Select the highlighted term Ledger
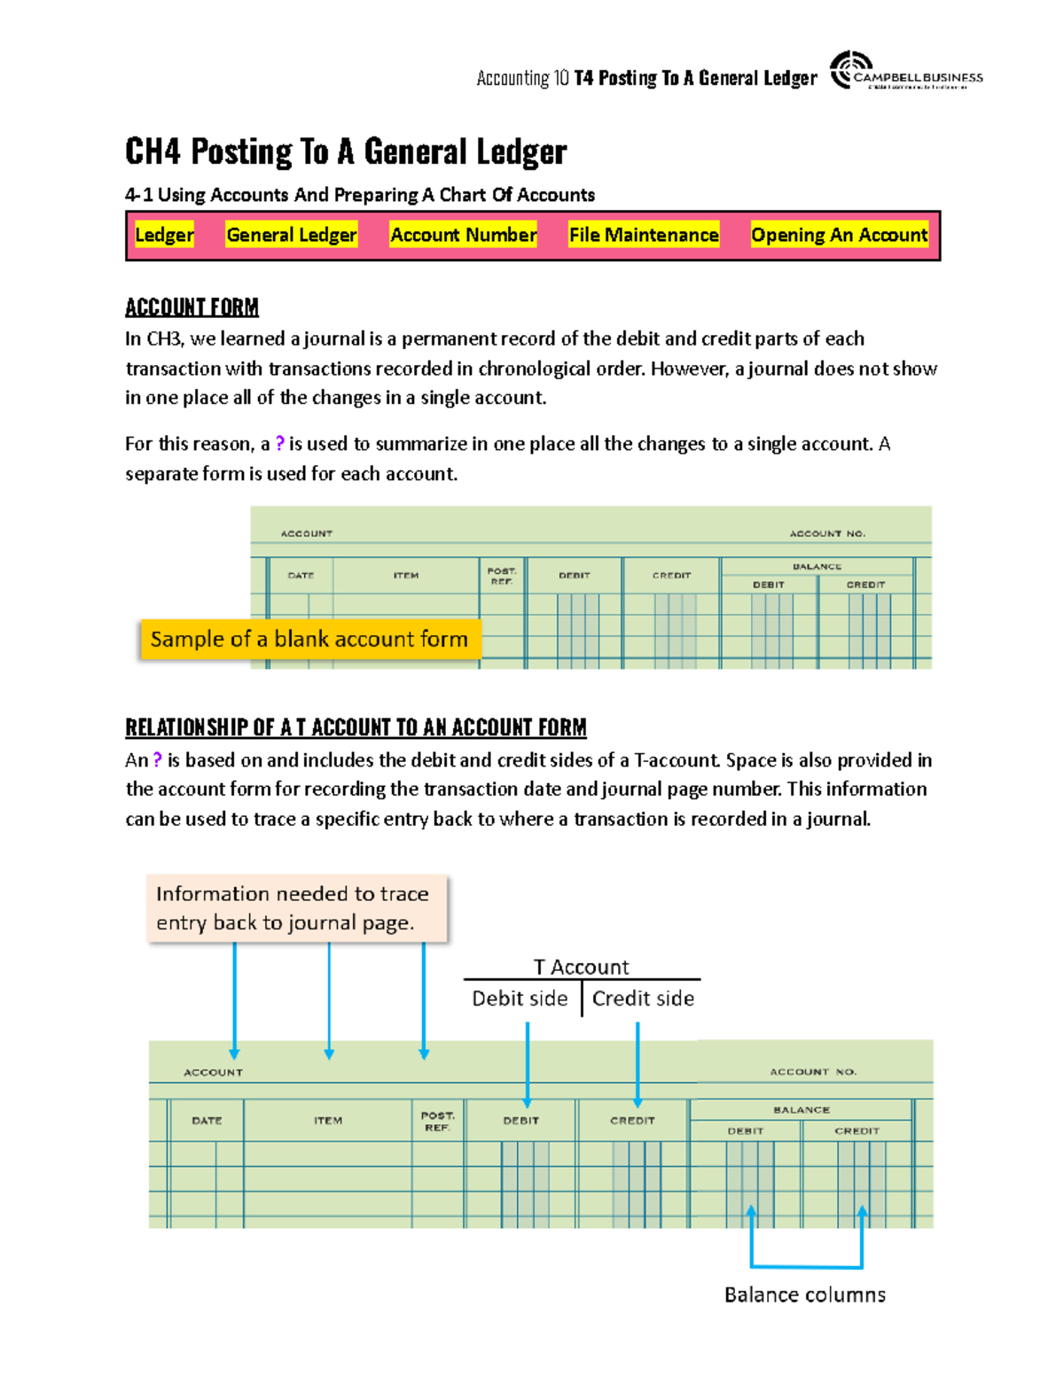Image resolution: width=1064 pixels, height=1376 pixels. (164, 235)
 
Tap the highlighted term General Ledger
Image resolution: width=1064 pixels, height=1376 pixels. (291, 235)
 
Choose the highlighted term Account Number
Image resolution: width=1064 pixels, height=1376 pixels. (463, 235)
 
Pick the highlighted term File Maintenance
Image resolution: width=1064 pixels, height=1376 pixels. (644, 235)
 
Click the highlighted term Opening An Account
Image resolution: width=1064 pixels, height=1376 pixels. (839, 235)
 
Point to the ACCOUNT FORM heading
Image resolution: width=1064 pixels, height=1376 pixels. (192, 307)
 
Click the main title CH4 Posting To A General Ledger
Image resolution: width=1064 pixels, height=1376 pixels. (346, 152)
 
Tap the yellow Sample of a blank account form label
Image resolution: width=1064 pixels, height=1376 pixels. (309, 639)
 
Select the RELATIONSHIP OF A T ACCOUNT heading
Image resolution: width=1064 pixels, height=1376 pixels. (356, 727)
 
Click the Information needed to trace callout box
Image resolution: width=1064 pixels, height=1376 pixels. (297, 908)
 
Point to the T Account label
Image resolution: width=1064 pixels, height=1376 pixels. (581, 967)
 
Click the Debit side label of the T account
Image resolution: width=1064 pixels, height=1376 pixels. (520, 999)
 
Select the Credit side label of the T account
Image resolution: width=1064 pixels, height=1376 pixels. (643, 999)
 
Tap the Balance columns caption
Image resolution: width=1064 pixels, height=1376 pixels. (804, 1294)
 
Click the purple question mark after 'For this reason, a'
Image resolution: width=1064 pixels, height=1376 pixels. (280, 444)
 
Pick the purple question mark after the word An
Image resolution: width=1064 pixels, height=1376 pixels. (158, 760)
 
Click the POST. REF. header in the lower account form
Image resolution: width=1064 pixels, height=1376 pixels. (437, 1121)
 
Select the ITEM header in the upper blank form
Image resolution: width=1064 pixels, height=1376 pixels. (406, 576)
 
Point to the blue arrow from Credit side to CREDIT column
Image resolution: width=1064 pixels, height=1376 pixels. (638, 1063)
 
